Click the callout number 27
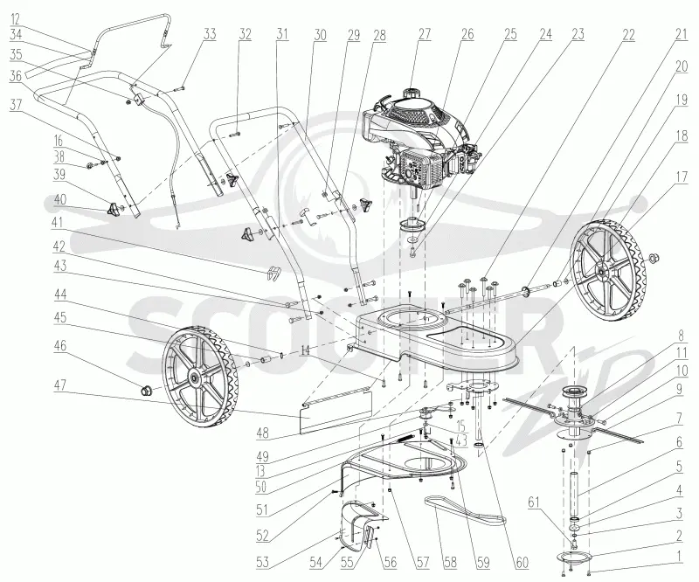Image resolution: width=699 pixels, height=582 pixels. (x=425, y=34)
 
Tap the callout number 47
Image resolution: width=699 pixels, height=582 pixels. (x=59, y=385)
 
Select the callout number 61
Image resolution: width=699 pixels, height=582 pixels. (x=534, y=502)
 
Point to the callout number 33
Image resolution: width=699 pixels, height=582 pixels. (x=210, y=34)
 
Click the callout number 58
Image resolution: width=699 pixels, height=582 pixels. (x=451, y=562)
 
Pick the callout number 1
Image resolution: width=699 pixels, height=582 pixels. (x=679, y=556)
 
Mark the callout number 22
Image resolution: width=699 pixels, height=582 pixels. (x=628, y=34)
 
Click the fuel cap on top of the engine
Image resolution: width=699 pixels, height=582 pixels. (x=411, y=94)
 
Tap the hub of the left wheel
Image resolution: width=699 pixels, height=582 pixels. (x=195, y=378)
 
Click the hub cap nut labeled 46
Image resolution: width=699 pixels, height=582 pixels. (x=146, y=391)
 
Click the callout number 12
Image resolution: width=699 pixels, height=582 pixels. (x=15, y=19)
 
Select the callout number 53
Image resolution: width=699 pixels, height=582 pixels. (x=263, y=562)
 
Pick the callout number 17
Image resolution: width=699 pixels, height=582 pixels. (x=682, y=177)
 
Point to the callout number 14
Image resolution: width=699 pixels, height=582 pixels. (x=304, y=350)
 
